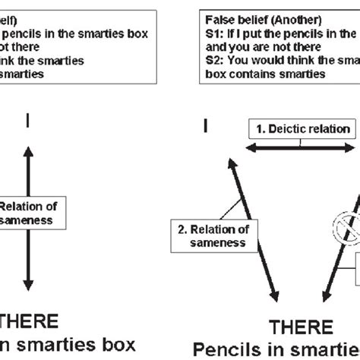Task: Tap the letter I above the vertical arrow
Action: click(28, 121)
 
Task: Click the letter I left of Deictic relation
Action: click(204, 125)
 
